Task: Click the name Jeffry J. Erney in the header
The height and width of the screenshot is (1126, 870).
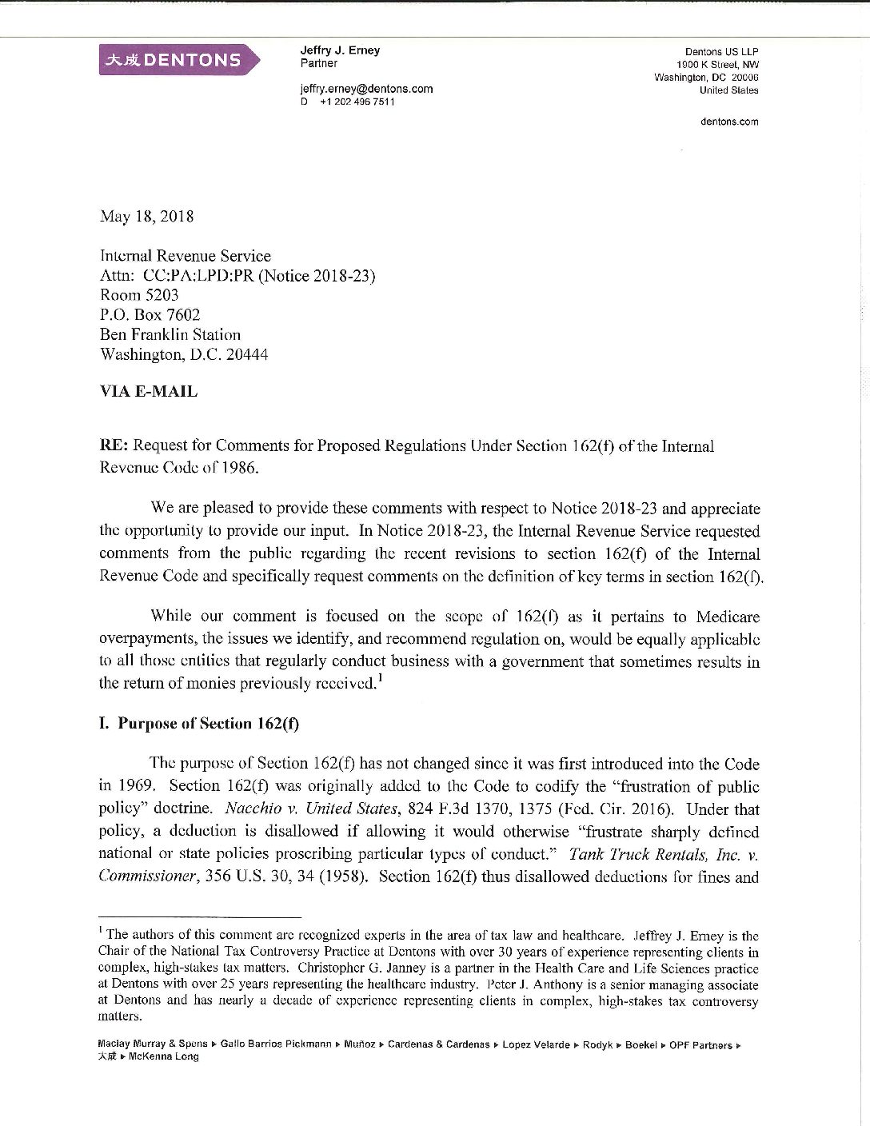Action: coord(340,50)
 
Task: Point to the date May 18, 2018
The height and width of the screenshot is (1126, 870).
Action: coord(146,216)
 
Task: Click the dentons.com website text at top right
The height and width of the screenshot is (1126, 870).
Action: coord(728,122)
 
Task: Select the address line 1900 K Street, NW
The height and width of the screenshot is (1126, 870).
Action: coord(717,64)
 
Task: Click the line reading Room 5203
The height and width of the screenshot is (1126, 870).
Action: coord(139,295)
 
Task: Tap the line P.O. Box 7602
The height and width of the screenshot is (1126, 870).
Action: coord(150,315)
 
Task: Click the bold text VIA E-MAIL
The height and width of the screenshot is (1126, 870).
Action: coord(148,392)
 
